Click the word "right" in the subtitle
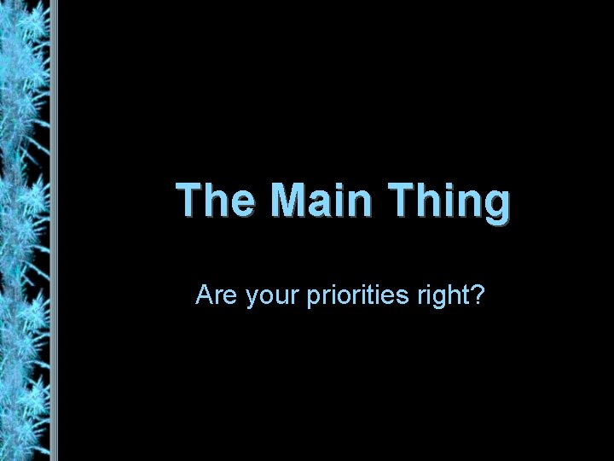tap(439, 297)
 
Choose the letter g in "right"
tap(437, 300)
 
